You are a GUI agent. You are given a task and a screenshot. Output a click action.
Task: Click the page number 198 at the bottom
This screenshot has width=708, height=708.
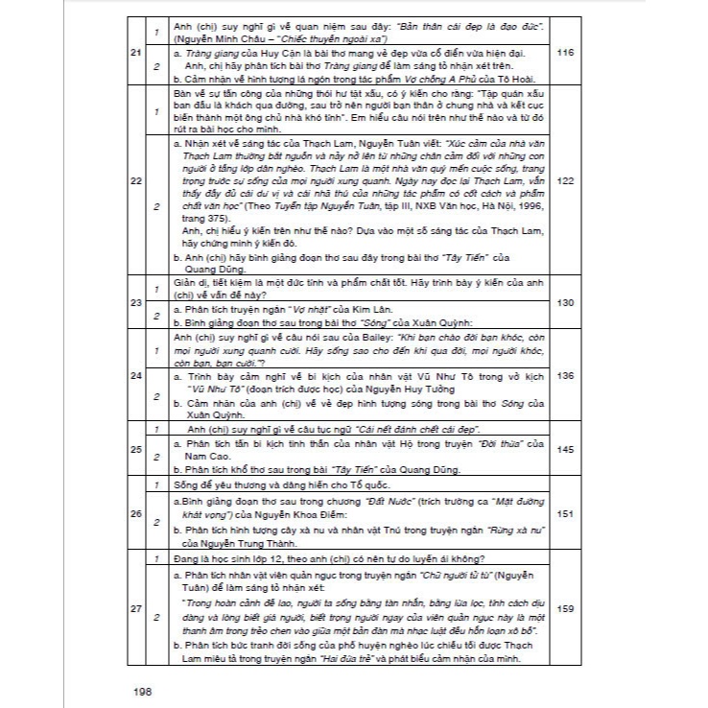(x=142, y=688)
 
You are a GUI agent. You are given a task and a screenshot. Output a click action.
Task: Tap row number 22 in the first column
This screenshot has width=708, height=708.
(x=134, y=179)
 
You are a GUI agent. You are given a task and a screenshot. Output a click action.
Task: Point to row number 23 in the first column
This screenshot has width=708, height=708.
(x=134, y=301)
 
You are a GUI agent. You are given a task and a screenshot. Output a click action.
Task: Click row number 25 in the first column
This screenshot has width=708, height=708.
(x=134, y=448)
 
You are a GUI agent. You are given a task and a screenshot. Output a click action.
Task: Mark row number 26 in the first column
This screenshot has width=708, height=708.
(x=134, y=515)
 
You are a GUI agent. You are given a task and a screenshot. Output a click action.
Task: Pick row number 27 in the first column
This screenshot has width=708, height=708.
(x=134, y=606)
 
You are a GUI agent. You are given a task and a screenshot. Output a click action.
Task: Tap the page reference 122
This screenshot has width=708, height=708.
(x=564, y=179)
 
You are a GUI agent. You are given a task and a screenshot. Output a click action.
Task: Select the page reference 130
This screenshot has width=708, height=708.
(x=564, y=301)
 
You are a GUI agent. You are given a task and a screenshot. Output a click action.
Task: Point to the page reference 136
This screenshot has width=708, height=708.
(x=564, y=374)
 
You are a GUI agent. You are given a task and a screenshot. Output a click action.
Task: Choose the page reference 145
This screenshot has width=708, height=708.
(x=564, y=448)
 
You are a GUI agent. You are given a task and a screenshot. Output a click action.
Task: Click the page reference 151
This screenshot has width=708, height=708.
(x=564, y=515)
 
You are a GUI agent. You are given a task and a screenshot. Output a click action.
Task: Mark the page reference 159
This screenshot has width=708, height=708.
(x=564, y=606)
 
